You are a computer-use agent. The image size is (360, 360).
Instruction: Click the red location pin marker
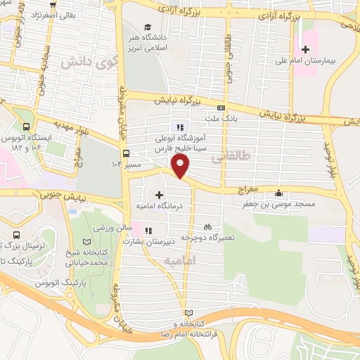(181, 166)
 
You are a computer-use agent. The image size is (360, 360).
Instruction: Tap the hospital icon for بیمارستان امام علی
(304, 49)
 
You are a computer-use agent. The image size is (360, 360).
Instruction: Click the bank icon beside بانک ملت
(221, 108)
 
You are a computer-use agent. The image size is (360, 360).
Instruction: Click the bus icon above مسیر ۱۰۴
(126, 153)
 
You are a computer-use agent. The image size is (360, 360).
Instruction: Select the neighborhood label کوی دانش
(77, 62)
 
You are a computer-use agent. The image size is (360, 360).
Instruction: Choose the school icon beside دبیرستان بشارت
(148, 229)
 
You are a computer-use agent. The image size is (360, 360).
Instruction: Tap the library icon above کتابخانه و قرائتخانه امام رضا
(186, 312)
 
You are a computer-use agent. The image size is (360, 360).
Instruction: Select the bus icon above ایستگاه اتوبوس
(27, 127)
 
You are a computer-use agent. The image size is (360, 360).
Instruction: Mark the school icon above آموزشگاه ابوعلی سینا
(180, 127)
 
